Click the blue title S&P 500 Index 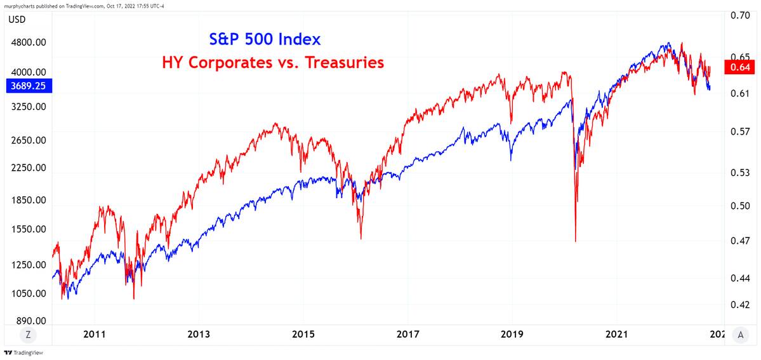265,39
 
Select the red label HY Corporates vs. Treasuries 273,63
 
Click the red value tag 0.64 740,68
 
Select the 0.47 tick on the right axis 739,241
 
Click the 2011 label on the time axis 95,335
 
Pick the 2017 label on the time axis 408,335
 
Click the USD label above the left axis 17,19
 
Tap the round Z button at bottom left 29,335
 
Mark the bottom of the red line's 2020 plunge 575,241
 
